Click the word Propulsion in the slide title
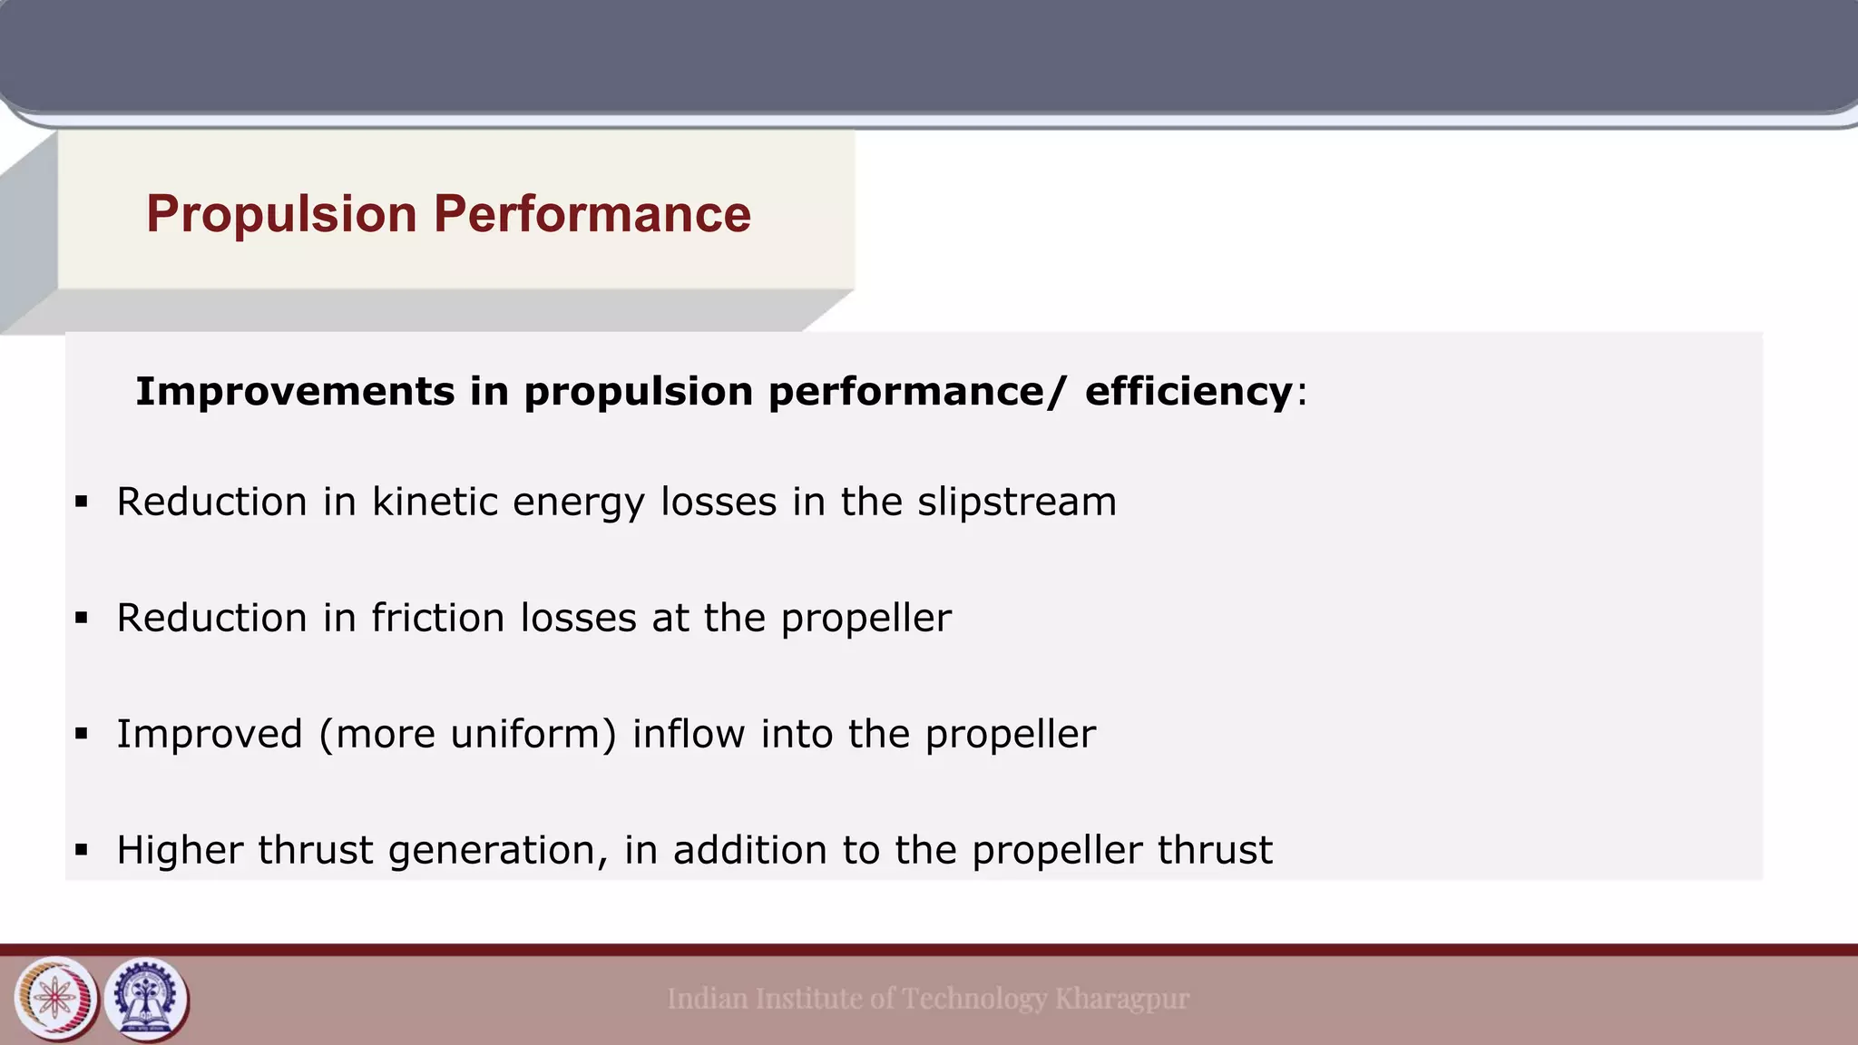281,214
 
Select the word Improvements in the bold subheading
295,392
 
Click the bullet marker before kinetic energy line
82,502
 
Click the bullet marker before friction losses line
82,618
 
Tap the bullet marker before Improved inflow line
82,734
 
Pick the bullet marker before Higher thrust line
82,850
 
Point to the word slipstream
1016,502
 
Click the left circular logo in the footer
56,999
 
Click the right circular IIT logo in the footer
147,999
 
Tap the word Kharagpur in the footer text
1121,999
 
